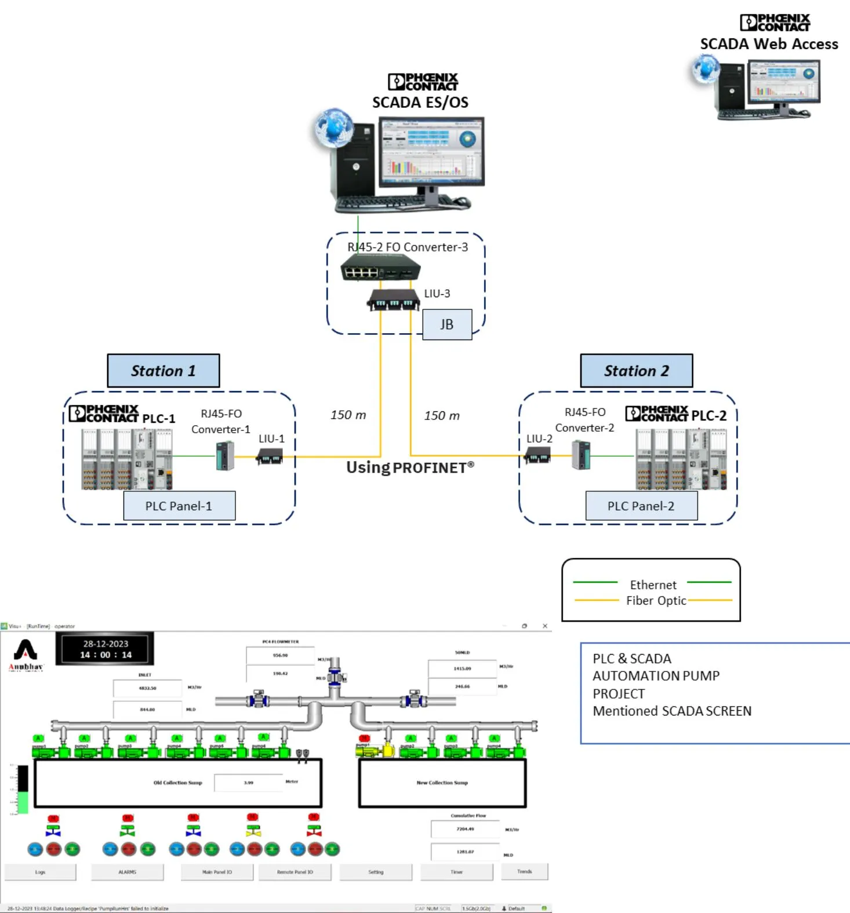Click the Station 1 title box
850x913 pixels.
tap(164, 371)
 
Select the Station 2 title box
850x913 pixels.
tap(636, 371)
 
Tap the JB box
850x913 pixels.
tap(446, 324)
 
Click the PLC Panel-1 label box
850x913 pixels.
tap(179, 506)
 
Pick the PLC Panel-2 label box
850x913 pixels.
tap(641, 506)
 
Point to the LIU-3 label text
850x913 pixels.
tap(437, 294)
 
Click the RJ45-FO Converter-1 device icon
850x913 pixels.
tap(226, 455)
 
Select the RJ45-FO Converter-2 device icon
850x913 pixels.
tap(581, 455)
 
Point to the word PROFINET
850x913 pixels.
tap(430, 468)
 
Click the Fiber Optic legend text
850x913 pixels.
tap(656, 601)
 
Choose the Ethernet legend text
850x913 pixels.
tap(653, 585)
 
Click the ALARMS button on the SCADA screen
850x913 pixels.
tap(128, 872)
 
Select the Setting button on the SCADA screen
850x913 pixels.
tap(376, 872)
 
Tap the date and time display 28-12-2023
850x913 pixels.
tap(106, 649)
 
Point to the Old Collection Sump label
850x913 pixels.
tap(177, 783)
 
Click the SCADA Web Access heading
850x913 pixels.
tap(769, 44)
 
